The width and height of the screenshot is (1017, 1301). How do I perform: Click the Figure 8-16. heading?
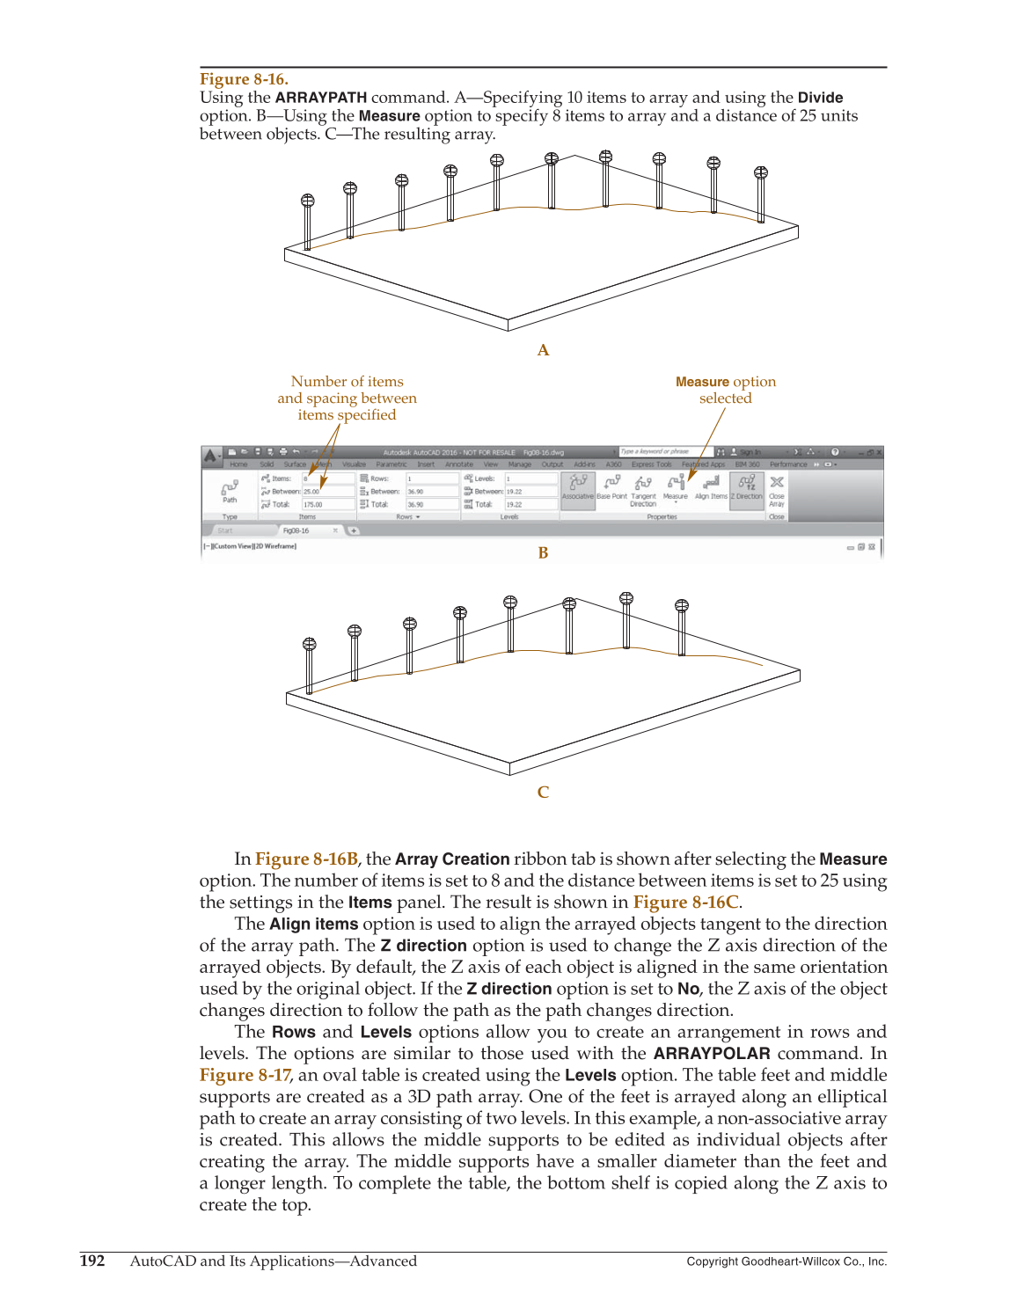coord(244,79)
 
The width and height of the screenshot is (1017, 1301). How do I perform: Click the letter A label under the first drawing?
coord(543,350)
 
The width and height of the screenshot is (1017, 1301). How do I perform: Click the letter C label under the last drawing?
coord(543,793)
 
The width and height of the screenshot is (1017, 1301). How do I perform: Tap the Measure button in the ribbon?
coord(676,486)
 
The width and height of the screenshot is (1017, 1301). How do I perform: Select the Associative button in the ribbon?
coord(578,486)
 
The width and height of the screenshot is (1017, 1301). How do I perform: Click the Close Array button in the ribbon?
coord(777,488)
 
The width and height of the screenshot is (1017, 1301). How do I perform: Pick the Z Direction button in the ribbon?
coord(747,486)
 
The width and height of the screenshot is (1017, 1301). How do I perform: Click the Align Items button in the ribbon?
coord(711,486)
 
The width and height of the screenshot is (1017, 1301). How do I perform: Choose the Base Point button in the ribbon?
coord(612,486)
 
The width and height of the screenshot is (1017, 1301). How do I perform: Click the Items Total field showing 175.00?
coord(326,505)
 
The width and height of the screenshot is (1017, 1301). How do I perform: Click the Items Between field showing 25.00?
coord(326,492)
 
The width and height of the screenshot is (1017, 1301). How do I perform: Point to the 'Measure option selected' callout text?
coord(726,390)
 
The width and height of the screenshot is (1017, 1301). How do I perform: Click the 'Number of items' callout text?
coord(347,382)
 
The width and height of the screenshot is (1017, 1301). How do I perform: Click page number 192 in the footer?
coord(92,1261)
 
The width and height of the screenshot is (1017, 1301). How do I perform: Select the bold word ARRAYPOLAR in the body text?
coord(712,1054)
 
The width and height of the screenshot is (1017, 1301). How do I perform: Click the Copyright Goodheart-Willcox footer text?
coord(787,1261)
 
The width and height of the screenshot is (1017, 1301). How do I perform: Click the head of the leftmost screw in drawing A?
coord(308,201)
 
